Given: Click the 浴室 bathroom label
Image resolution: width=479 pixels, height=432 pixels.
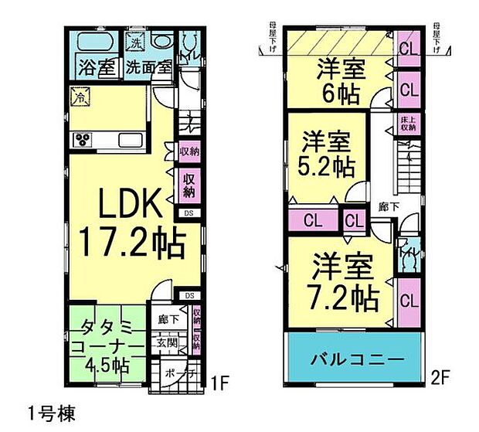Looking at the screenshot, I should pos(97,67).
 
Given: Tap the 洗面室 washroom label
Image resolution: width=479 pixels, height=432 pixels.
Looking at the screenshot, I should pos(148,67).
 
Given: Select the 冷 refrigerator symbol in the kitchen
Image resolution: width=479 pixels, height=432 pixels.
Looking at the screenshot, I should pos(79,97).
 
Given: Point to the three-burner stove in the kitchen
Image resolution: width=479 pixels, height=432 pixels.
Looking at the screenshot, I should pos(83,139).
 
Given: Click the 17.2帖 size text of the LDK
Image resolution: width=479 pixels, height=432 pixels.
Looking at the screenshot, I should pos(133,245).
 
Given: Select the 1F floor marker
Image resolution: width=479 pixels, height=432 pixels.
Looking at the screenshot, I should pos(220,381).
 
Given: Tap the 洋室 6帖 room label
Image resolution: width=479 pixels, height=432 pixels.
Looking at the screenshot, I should pos(340,81).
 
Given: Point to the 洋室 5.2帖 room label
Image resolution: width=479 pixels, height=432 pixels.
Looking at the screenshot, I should pos(328,154).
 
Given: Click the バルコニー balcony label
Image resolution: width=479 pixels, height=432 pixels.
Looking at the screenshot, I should pos(357,359).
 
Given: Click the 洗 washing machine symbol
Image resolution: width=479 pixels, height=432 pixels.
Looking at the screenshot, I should pos(134,42).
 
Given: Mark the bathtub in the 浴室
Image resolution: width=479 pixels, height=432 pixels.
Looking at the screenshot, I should pos(94,41).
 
